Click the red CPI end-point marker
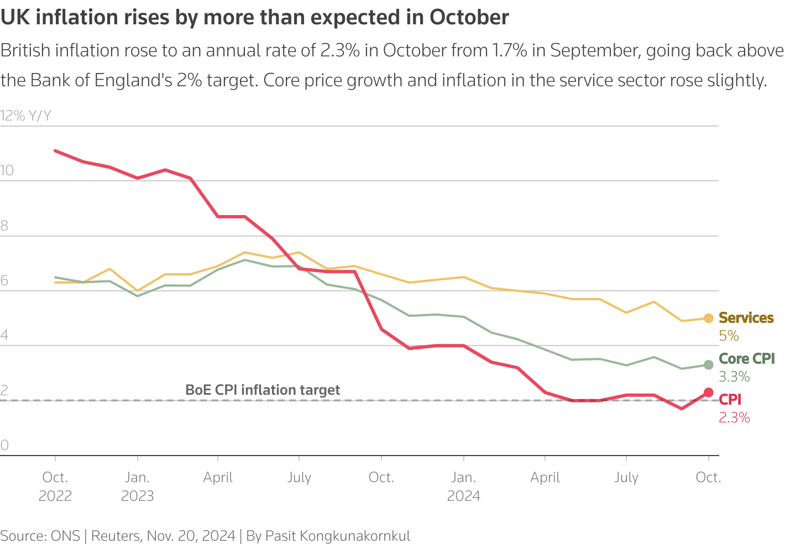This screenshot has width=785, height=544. [x=708, y=393]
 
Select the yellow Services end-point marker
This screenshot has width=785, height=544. [x=708, y=318]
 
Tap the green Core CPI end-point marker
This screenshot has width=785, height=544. [x=708, y=365]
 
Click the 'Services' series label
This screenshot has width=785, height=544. [x=746, y=318]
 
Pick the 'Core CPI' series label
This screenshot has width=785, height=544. [x=746, y=359]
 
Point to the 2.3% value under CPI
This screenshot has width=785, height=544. [x=734, y=418]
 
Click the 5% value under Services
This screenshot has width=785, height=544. [x=729, y=336]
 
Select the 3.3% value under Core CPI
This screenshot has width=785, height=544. [x=734, y=377]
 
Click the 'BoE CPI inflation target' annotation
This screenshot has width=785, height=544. [x=263, y=390]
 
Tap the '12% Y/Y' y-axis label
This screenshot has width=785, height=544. [x=26, y=116]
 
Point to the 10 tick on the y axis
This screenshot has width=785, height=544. [x=7, y=171]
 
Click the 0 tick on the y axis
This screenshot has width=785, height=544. [x=4, y=446]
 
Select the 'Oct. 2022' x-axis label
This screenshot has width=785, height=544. [x=55, y=487]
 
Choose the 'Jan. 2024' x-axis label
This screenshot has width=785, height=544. [x=463, y=487]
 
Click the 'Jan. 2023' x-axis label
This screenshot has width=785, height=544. [x=137, y=487]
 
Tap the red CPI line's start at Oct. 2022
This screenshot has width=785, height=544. [x=55, y=150]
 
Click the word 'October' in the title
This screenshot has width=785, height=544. [x=469, y=18]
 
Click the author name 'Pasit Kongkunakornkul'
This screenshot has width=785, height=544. [x=338, y=536]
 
